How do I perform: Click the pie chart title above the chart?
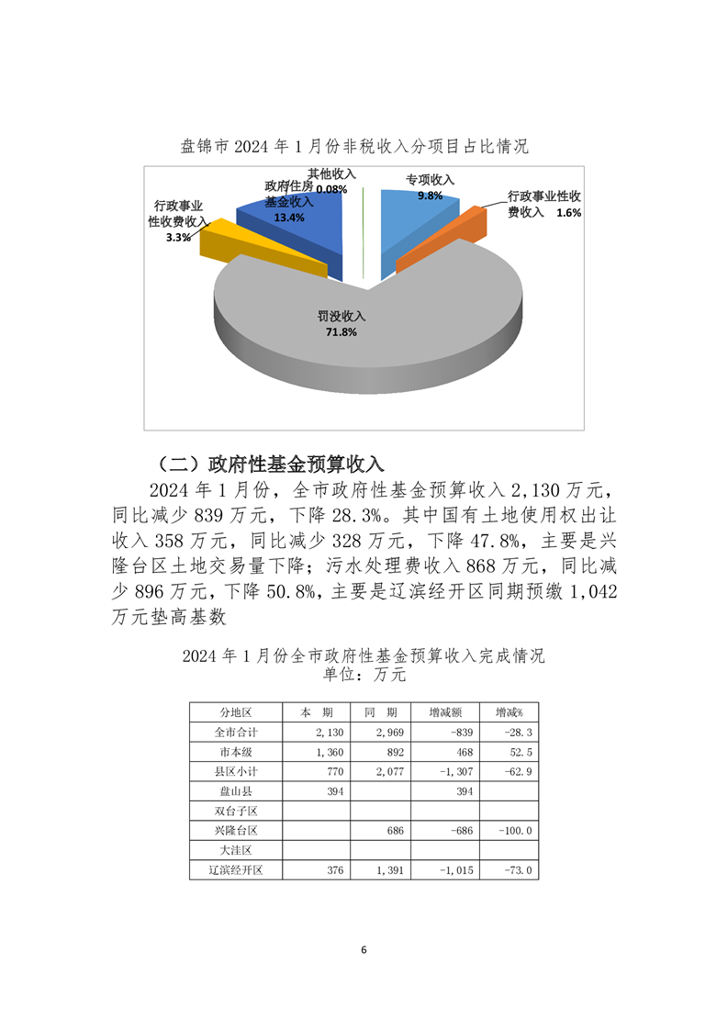click(x=354, y=147)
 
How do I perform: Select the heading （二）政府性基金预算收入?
click(x=272, y=461)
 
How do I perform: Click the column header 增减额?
click(x=447, y=712)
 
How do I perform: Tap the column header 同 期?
click(x=381, y=712)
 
